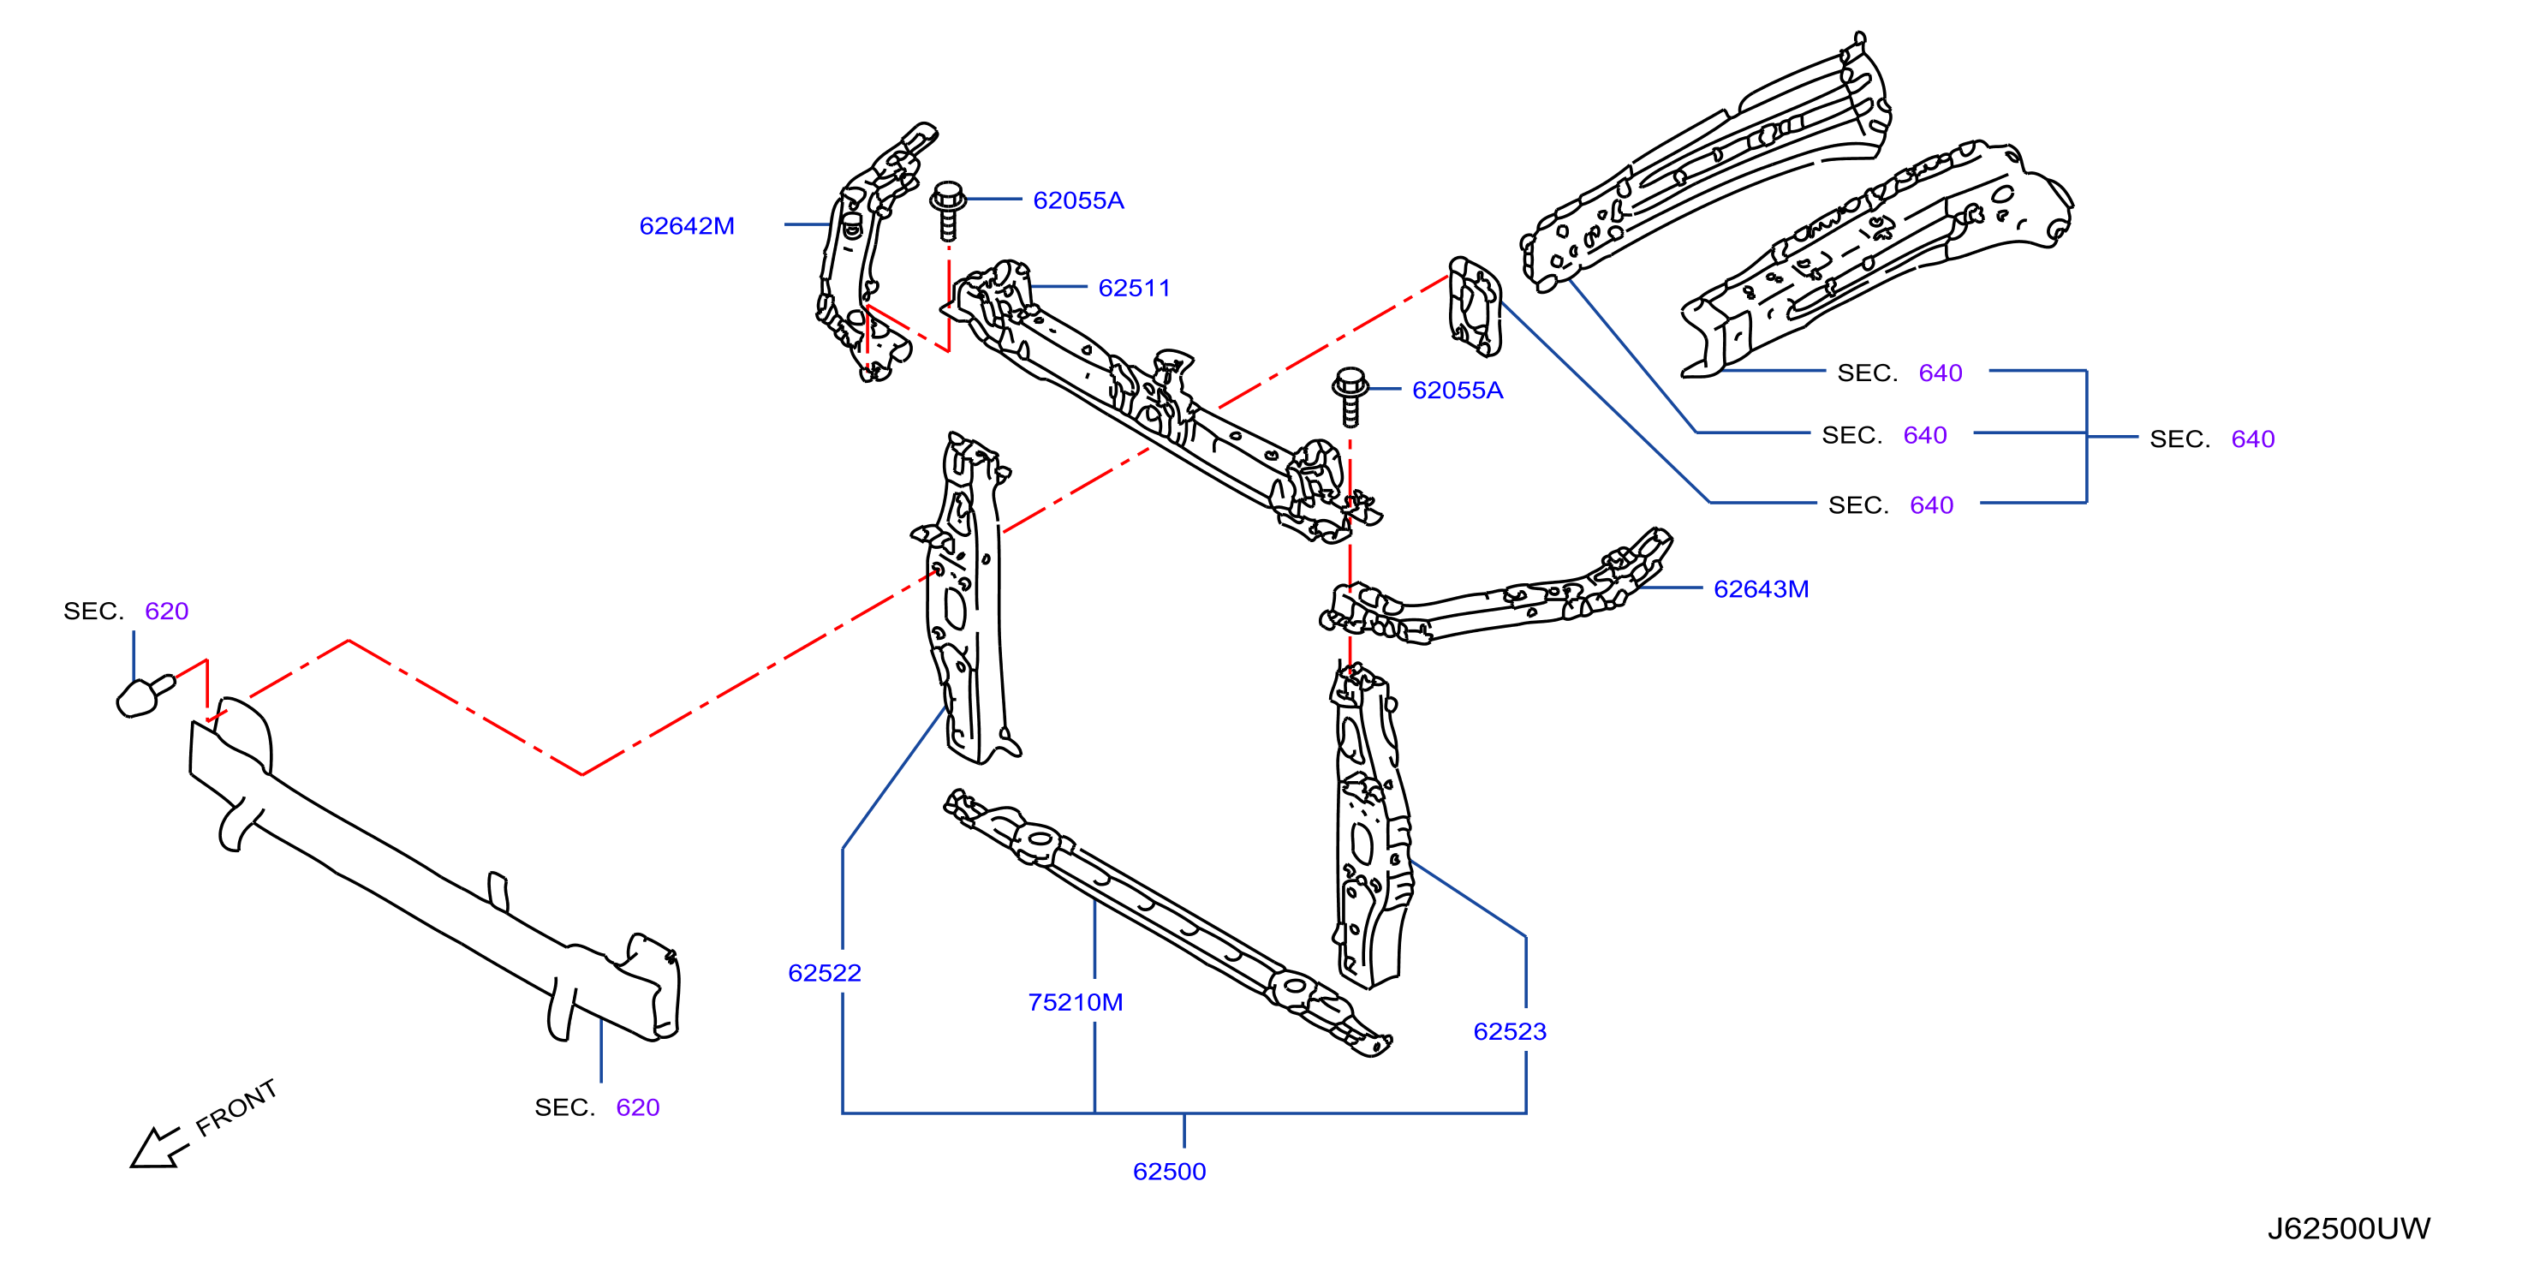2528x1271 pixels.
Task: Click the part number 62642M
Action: [x=686, y=226]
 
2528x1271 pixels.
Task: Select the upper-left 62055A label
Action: [x=1077, y=200]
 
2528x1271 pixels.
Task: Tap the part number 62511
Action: [x=1134, y=288]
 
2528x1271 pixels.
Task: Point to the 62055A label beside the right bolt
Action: [x=1457, y=390]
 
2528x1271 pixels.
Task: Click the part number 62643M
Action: [x=1761, y=589]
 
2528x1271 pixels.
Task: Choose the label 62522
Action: [x=825, y=973]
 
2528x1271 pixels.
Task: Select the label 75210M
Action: [x=1075, y=1002]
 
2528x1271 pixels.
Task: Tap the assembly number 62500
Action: [x=1169, y=1171]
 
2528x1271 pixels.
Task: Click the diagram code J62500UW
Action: [x=2348, y=1229]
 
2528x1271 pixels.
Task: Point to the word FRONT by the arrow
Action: [x=236, y=1108]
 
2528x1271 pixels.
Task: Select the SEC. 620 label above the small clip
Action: [x=126, y=612]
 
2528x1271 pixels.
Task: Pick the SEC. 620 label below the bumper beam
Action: [x=597, y=1107]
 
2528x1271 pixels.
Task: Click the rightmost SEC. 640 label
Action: [x=2212, y=439]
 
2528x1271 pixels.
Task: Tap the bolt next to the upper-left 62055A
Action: [x=948, y=209]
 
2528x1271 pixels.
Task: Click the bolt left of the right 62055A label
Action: [x=1350, y=397]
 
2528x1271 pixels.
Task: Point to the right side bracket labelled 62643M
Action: [x=1497, y=594]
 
